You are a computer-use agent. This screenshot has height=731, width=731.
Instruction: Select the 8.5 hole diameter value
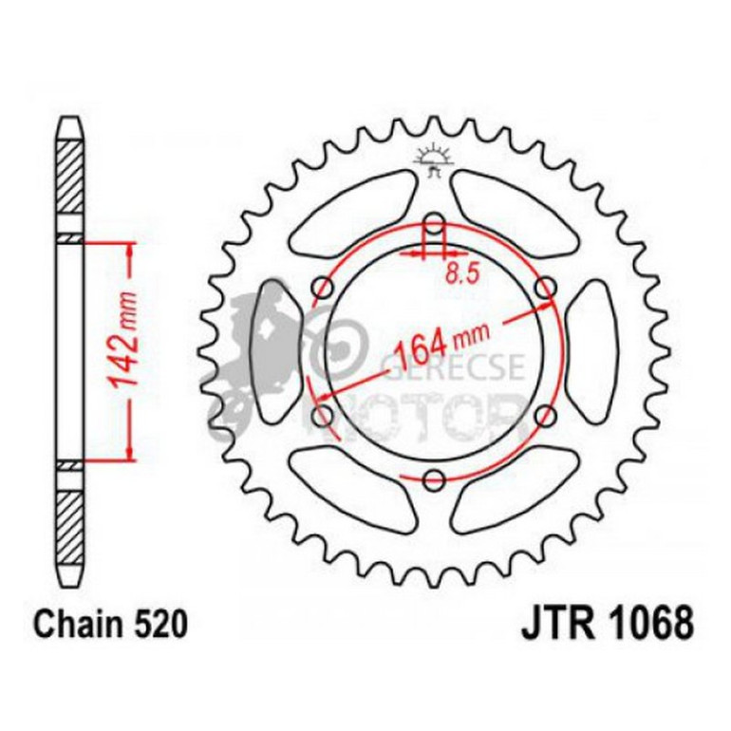click(460, 274)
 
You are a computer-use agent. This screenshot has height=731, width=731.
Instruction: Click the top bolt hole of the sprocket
click(434, 226)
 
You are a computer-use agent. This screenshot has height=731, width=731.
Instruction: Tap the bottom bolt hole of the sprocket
click(434, 479)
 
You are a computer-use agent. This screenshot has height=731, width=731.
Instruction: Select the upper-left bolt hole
click(323, 288)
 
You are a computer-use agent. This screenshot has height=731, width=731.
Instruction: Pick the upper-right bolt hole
click(545, 288)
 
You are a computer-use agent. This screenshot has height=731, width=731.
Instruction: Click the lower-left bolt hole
click(323, 416)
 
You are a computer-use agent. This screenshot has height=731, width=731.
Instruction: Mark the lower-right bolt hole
click(545, 416)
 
